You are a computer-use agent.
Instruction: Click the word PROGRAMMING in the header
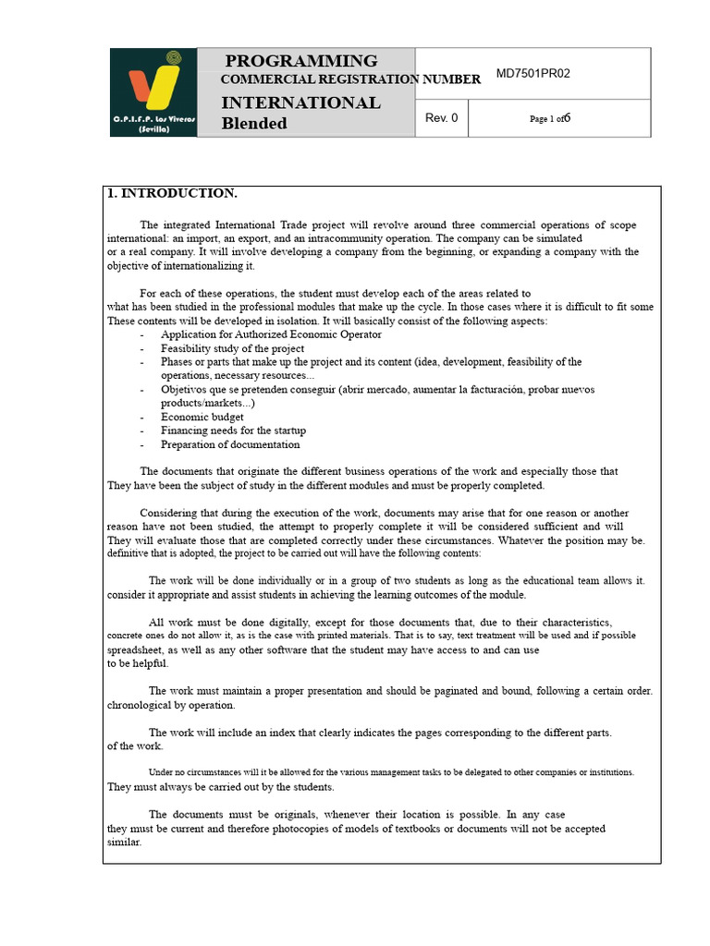(301, 61)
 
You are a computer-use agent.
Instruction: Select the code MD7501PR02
(534, 73)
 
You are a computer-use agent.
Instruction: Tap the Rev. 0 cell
(441, 117)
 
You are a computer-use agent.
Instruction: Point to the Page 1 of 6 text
(550, 118)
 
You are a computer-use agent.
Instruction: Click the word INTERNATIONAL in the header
(300, 103)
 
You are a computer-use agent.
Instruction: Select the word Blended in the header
(254, 124)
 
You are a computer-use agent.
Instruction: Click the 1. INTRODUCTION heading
(173, 193)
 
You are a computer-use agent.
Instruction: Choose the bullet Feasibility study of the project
(232, 348)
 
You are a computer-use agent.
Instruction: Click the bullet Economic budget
(202, 417)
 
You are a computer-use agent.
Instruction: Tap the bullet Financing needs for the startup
(233, 431)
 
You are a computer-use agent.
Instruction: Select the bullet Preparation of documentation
(230, 444)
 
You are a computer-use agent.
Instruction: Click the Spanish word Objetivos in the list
(186, 389)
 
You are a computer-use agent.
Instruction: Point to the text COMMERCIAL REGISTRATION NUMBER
(350, 79)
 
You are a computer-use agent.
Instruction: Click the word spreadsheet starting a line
(135, 649)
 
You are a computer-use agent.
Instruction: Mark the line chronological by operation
(171, 705)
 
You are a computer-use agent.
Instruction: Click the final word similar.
(124, 842)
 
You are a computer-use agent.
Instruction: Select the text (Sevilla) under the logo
(153, 130)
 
